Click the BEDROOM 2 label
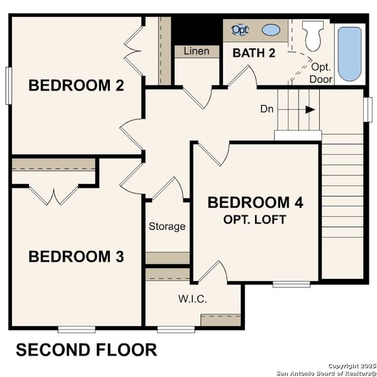coord(76,85)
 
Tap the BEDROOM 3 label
coord(76,256)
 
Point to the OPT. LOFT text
coord(255,219)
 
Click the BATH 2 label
coord(254,53)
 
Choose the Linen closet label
coord(196,52)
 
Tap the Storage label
coord(167,226)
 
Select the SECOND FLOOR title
coord(86,350)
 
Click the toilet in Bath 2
coord(313,36)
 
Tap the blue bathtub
coord(350,53)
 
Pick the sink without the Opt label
coord(271,30)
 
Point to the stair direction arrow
coord(310,109)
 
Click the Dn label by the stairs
coord(267,109)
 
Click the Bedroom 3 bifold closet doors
coord(57,195)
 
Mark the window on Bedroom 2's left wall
coord(9,85)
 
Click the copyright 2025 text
coord(351,365)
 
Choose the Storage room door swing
coord(168,188)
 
